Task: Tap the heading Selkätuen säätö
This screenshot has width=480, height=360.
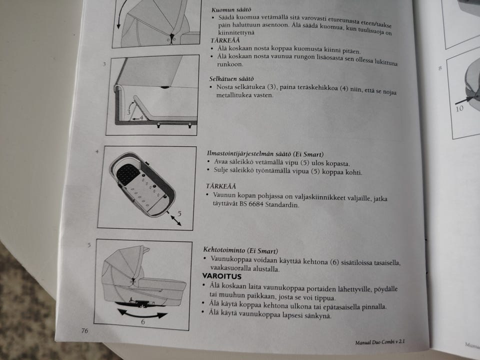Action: [231, 78]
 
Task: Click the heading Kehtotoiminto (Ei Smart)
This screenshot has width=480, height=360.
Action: [240, 250]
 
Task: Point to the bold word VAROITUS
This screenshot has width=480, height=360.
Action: [221, 276]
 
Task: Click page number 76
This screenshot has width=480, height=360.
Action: [85, 330]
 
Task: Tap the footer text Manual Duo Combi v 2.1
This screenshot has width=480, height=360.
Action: [379, 342]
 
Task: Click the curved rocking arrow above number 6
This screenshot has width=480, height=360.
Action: [142, 314]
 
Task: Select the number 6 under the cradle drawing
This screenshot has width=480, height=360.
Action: [142, 322]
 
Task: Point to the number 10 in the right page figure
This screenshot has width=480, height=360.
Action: [458, 108]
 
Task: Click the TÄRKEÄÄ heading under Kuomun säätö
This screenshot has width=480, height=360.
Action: [225, 40]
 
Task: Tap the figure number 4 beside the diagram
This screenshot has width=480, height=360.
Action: [96, 150]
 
